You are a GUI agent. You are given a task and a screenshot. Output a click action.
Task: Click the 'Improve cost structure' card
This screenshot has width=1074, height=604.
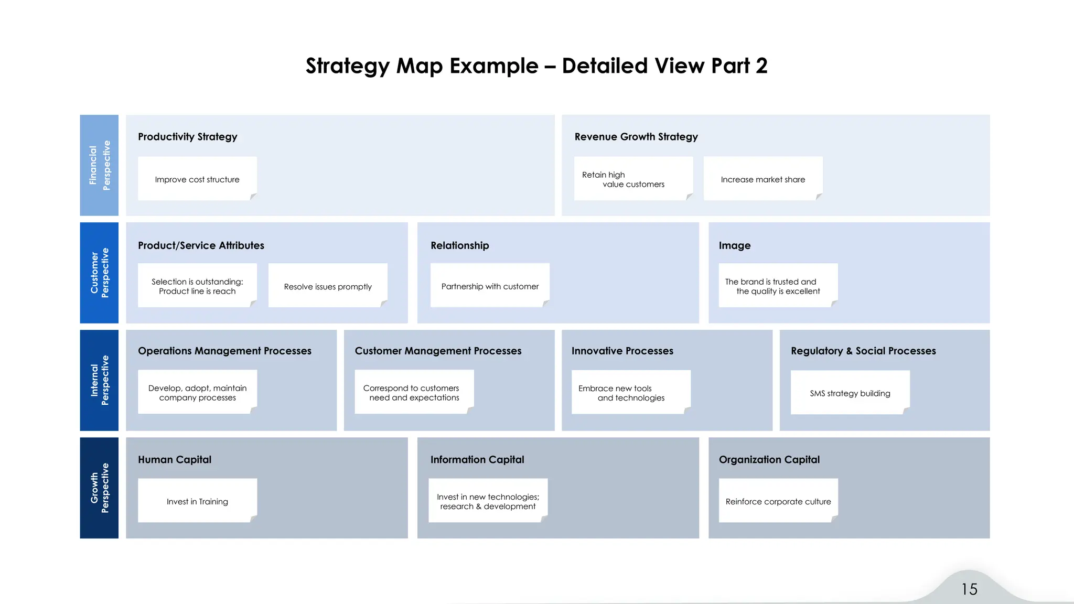(x=197, y=179)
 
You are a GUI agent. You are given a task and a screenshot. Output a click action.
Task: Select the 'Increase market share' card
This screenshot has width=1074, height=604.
(x=762, y=179)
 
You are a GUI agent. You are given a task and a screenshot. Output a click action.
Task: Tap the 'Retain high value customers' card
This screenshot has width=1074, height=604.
(x=633, y=179)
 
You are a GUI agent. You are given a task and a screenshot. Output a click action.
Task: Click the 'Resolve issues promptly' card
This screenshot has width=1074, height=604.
(x=328, y=286)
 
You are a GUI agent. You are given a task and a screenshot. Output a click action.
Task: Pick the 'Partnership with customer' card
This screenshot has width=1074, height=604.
(x=490, y=286)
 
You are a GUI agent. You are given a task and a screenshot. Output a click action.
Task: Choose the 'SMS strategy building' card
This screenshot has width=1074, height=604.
(x=850, y=393)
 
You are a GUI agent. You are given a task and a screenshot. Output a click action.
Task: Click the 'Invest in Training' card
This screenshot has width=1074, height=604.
(x=197, y=501)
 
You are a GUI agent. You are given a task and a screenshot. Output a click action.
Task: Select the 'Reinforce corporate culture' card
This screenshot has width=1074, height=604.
(x=778, y=501)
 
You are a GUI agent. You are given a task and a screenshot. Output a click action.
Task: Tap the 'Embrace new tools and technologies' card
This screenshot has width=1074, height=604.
(x=630, y=393)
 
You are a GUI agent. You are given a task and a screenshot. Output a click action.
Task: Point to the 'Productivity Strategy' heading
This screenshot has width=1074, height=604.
(x=187, y=137)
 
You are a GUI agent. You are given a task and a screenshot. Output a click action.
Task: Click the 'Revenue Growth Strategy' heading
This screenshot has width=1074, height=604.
(x=636, y=137)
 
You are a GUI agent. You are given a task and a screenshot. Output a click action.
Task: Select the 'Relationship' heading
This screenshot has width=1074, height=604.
(x=459, y=245)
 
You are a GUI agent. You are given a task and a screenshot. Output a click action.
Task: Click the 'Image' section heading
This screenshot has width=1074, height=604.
(x=734, y=245)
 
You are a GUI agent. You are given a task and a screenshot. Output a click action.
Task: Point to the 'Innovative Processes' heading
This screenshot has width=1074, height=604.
(x=622, y=351)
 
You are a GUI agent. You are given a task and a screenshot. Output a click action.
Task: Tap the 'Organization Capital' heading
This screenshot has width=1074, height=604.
(x=769, y=459)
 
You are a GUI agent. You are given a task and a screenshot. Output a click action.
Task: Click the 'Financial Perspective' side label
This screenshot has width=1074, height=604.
(x=99, y=165)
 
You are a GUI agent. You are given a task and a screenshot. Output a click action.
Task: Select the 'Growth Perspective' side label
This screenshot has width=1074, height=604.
(x=99, y=488)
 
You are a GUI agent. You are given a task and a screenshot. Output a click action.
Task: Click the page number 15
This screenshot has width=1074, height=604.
(x=969, y=589)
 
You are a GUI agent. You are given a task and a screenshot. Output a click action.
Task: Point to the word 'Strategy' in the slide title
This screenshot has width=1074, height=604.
(x=347, y=66)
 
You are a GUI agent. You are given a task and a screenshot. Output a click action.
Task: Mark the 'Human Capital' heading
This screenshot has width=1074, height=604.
(x=174, y=459)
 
